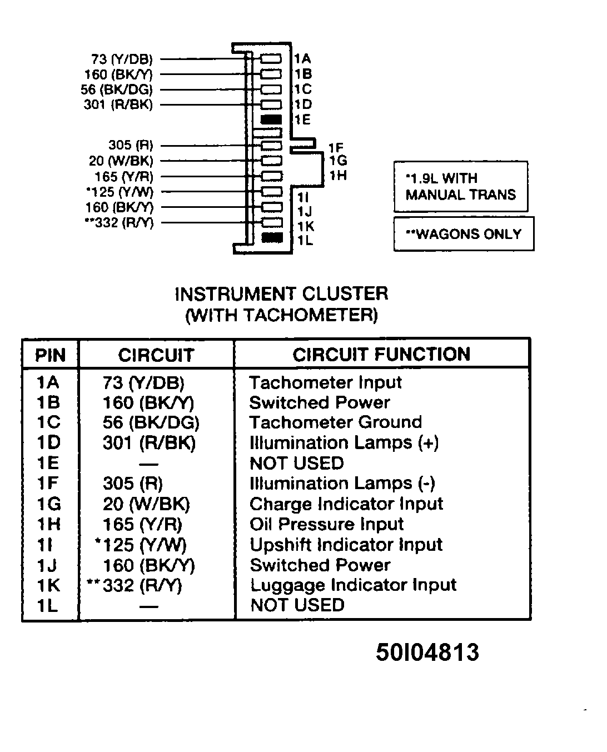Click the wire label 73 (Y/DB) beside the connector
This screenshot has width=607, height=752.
click(121, 59)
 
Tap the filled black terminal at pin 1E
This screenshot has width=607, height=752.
click(271, 119)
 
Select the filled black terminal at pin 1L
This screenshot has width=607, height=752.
click(271, 238)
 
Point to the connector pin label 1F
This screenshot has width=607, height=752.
click(336, 148)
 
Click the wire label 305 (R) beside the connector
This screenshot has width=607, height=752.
click(130, 145)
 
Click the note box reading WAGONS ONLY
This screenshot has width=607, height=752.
click(464, 233)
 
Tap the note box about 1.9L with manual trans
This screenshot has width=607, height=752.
click(460, 187)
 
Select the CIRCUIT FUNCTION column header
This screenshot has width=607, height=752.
click(381, 355)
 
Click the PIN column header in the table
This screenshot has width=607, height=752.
click(50, 355)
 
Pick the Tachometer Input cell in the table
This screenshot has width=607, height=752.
click(325, 382)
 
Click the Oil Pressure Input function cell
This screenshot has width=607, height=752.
click(326, 524)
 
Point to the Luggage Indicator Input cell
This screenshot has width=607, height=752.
click(353, 585)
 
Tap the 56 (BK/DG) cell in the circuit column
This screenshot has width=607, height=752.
click(151, 422)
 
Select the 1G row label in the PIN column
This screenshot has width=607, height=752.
click(49, 504)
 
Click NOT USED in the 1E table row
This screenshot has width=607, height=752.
click(296, 463)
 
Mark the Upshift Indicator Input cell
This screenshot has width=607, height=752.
click(346, 545)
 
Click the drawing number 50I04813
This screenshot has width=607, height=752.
click(427, 652)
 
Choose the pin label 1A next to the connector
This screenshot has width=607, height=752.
click(302, 59)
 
